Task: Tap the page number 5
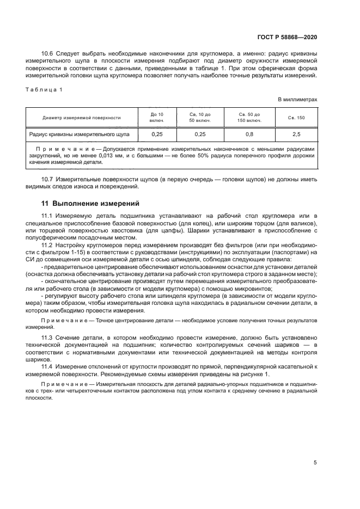(315, 462)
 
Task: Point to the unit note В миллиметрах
(297, 100)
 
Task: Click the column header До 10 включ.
(157, 117)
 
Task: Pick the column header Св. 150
(296, 118)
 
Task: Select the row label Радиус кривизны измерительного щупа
(78, 133)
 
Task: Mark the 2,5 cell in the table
(296, 133)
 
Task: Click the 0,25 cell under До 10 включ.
(157, 133)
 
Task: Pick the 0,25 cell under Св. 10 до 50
(200, 133)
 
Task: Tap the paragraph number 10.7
(48, 179)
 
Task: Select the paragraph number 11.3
(48, 338)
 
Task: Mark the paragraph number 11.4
(48, 366)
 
